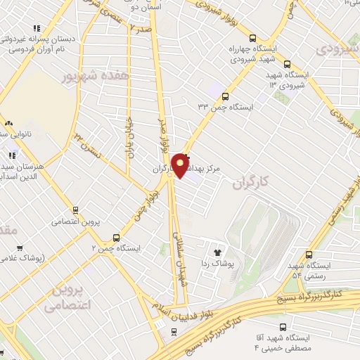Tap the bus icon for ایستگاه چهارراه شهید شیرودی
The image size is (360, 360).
(x=252, y=39)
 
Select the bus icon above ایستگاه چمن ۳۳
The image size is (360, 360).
(x=225, y=96)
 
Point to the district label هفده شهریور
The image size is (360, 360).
(x=96, y=75)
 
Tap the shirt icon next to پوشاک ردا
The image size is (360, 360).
(x=217, y=252)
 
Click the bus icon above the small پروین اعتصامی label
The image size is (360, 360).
(x=75, y=210)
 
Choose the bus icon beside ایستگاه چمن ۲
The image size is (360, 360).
(x=117, y=238)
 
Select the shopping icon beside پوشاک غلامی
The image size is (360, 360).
(x=19, y=248)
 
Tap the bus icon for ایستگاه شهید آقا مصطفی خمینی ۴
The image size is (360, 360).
(x=283, y=327)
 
